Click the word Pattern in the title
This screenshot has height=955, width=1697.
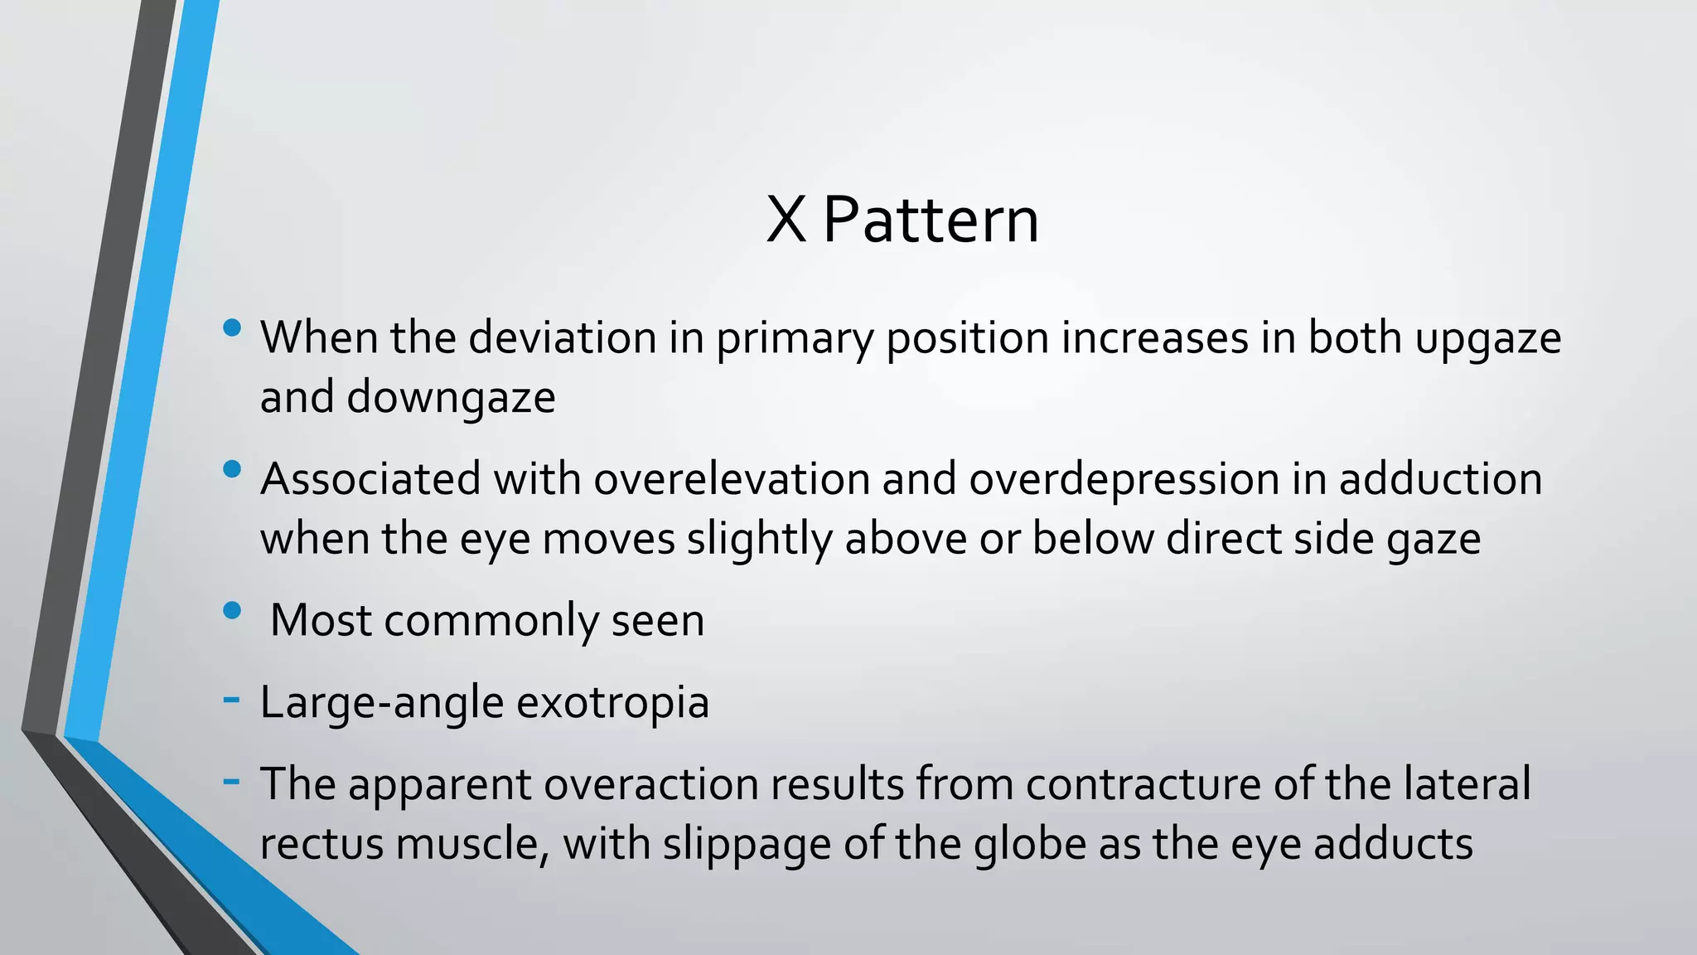[x=931, y=221]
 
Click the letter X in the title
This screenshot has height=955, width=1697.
[x=786, y=221]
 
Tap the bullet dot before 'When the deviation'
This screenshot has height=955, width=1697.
[x=232, y=328]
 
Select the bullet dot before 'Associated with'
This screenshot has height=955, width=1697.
[x=232, y=470]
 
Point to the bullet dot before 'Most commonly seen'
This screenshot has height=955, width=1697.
[x=232, y=612]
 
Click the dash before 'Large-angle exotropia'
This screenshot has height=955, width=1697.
[x=232, y=700]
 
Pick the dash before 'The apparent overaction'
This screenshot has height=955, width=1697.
[x=232, y=781]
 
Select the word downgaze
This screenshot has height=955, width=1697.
[x=451, y=398]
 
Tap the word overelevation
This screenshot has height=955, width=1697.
[x=731, y=480]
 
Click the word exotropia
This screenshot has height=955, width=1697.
[x=612, y=703]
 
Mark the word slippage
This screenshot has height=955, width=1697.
[x=734, y=845]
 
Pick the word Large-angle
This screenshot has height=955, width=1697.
[x=382, y=703]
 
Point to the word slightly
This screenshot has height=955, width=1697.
[x=759, y=540]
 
